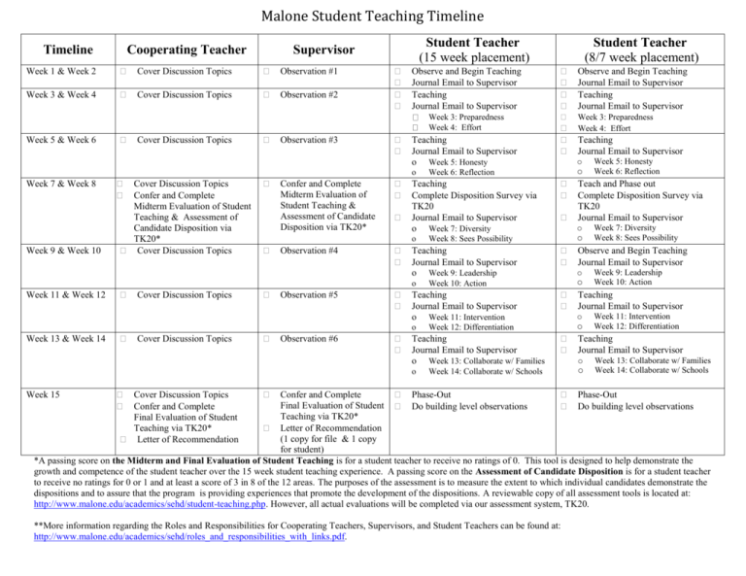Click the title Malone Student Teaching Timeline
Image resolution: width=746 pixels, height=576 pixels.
click(372, 14)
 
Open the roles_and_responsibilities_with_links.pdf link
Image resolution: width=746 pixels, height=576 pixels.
click(189, 533)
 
